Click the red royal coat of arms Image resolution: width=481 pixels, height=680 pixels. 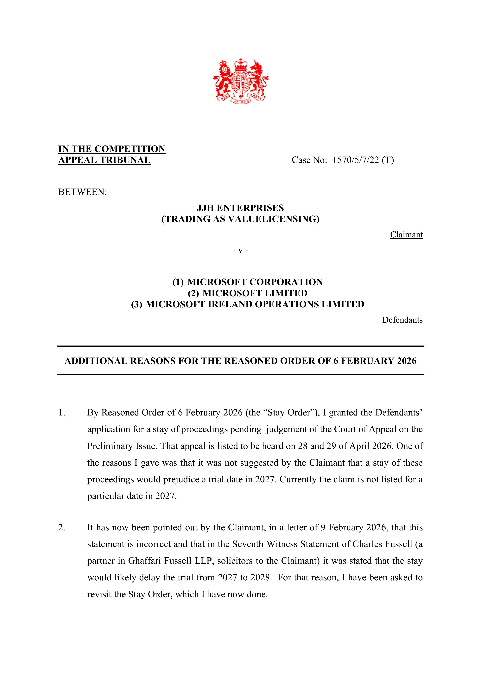(240, 81)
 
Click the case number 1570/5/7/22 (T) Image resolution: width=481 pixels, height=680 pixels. (363, 160)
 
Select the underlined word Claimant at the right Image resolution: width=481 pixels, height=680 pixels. (406, 234)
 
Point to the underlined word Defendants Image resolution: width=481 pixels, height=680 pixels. (402, 320)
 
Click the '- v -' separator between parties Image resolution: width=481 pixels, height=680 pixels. (240, 251)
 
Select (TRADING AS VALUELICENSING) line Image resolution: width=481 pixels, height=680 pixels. (240, 219)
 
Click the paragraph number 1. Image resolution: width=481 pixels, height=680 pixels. (62, 413)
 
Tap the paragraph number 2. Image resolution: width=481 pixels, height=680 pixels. (62, 528)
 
